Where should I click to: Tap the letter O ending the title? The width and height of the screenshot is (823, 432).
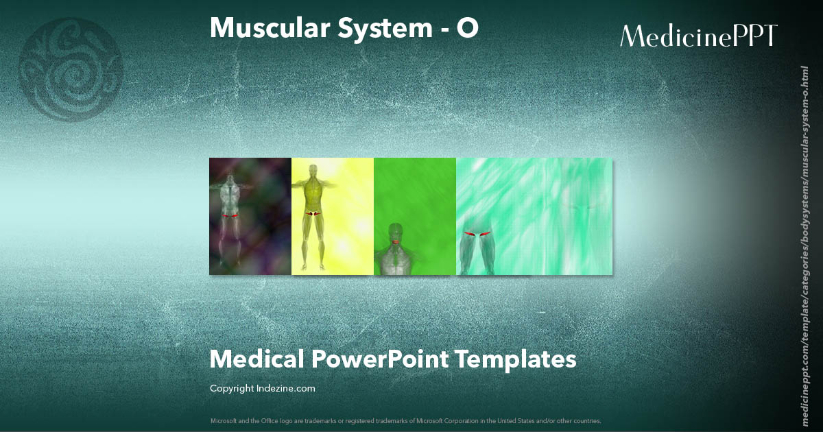point(468,28)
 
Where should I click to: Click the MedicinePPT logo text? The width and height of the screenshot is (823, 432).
point(699,36)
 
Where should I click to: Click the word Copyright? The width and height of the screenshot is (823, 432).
point(232,389)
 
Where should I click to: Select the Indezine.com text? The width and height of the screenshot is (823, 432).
point(286,389)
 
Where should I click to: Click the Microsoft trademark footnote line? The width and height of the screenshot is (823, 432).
point(405,420)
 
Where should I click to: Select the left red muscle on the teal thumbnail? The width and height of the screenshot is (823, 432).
point(470,235)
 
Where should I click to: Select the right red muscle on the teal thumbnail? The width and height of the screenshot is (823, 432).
point(486,235)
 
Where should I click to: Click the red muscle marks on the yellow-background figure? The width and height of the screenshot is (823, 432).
point(313,214)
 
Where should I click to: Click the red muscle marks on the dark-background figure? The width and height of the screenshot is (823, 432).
point(230,216)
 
